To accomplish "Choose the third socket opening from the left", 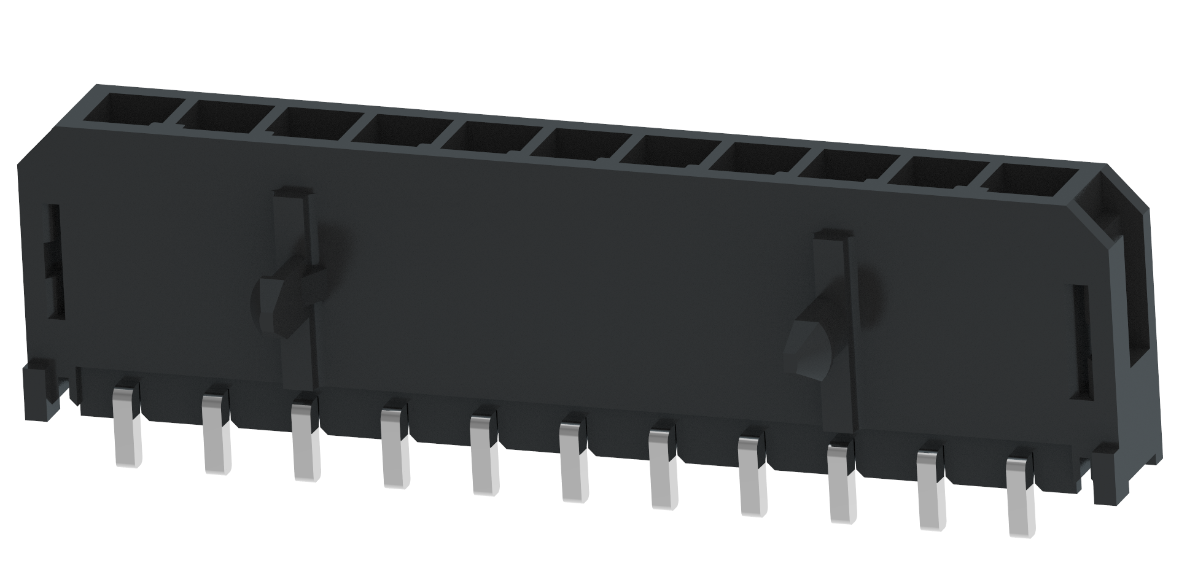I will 311,124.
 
